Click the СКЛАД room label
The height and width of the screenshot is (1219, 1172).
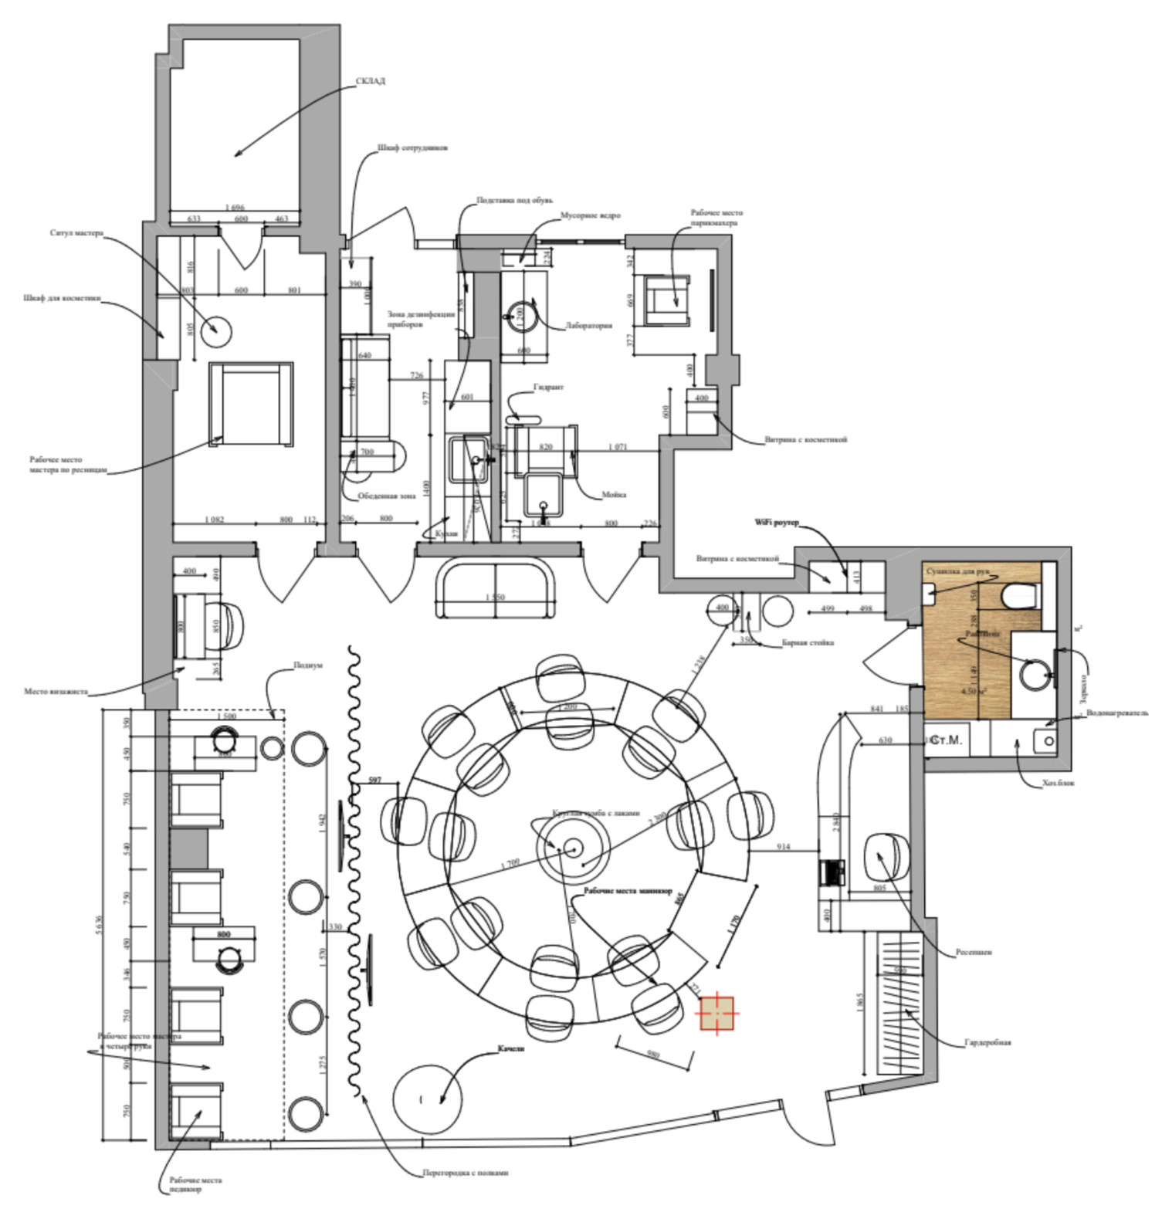coord(370,81)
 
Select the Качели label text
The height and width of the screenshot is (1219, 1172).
coord(510,1049)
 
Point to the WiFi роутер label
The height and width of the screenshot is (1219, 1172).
coord(776,523)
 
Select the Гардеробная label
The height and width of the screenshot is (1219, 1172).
coord(987,1042)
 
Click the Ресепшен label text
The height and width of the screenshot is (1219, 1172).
coord(974,952)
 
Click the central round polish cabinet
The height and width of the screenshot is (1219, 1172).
coord(573,848)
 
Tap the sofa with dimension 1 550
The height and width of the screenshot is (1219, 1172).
coord(496,590)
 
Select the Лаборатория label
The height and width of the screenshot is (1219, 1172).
coord(588,326)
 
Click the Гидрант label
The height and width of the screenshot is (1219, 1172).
coord(548,387)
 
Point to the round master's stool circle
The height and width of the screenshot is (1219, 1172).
coord(215,331)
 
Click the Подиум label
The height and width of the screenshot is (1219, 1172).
coord(307,665)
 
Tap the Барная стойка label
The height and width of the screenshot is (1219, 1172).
coord(808,642)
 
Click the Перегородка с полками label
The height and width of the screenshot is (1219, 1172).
coord(466,1173)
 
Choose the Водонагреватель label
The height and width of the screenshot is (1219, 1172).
coord(1116,713)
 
